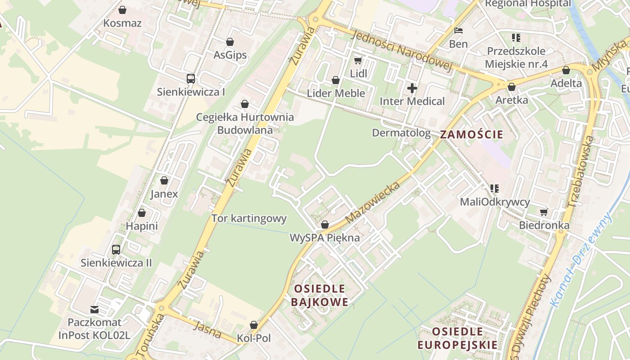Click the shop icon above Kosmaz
(x=122, y=10)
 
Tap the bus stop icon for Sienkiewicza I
(x=191, y=79)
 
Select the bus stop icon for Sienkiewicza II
(x=116, y=249)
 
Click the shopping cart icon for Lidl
(x=358, y=60)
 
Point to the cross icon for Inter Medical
(x=412, y=88)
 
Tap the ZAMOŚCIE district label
(x=471, y=134)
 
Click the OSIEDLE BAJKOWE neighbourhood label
(x=319, y=295)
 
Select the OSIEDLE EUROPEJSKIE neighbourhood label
(x=458, y=338)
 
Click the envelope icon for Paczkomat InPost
(x=94, y=309)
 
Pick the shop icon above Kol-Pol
(x=254, y=325)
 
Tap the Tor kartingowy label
(x=249, y=219)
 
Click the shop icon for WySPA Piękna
(x=325, y=225)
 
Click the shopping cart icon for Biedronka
(x=544, y=212)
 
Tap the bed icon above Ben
(x=459, y=31)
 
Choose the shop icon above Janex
(x=164, y=181)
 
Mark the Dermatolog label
(x=401, y=133)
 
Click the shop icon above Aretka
(x=511, y=87)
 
